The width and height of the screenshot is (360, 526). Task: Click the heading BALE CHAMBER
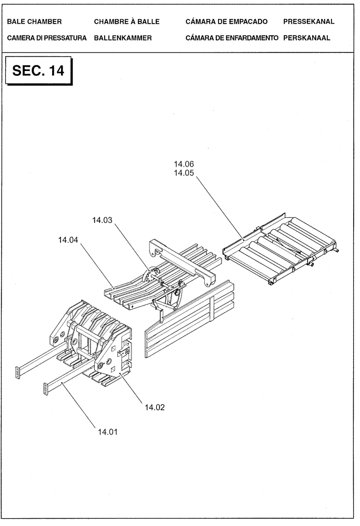(35, 22)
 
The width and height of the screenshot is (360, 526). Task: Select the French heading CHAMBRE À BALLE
(126, 22)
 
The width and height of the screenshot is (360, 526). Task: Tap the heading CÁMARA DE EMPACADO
(227, 22)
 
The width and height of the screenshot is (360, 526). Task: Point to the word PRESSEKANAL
(308, 22)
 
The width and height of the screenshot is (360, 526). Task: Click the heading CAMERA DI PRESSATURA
(47, 38)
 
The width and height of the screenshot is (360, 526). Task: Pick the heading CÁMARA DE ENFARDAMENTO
(232, 38)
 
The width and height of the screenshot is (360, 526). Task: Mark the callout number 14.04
(68, 240)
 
